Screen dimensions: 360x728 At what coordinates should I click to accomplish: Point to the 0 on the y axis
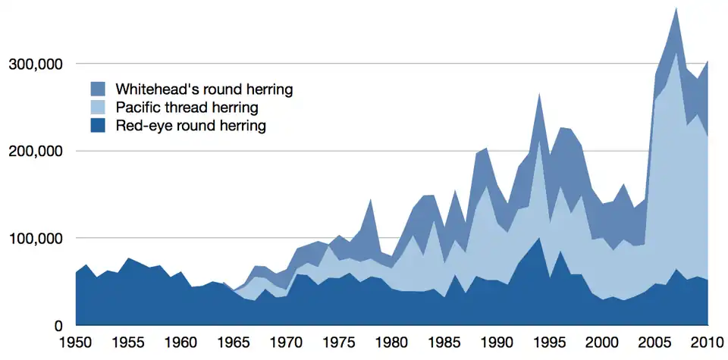coord(57,327)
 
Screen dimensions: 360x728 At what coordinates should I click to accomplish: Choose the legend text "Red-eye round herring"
coord(190,126)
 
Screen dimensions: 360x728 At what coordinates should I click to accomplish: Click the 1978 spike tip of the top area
coord(370,199)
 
